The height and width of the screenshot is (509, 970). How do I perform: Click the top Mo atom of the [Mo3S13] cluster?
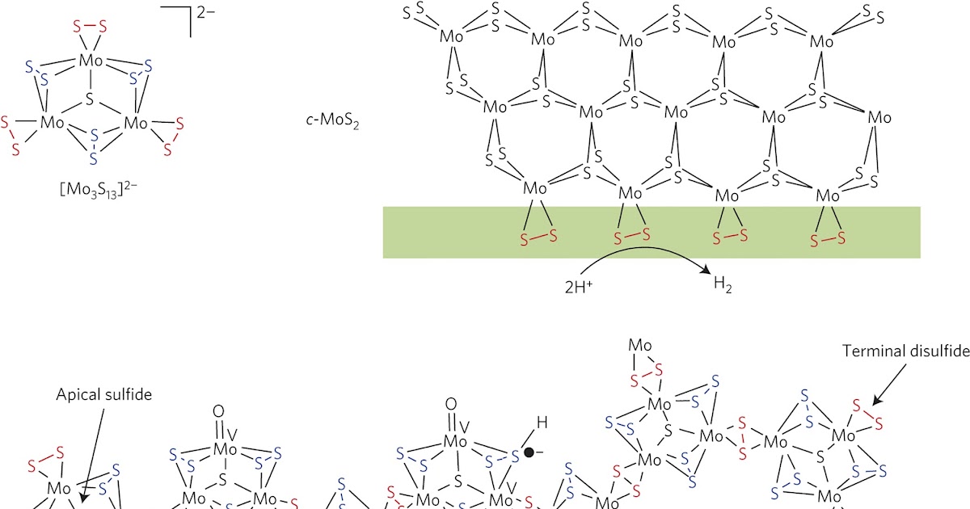(90, 60)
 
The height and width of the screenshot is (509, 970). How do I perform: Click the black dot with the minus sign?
(529, 452)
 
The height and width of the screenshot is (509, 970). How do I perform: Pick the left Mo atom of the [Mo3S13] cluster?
(53, 123)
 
